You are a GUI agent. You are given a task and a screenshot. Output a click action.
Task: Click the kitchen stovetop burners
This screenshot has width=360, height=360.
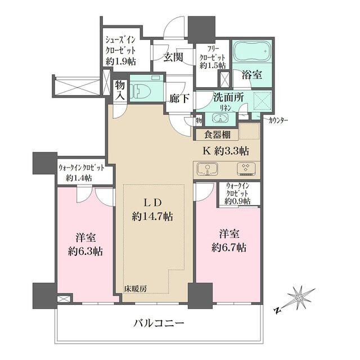[246, 169]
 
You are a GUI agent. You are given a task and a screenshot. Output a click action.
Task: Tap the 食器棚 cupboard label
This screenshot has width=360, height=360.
[217, 135]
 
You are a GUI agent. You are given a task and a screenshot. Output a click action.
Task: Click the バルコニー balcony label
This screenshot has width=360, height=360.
[159, 324]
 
